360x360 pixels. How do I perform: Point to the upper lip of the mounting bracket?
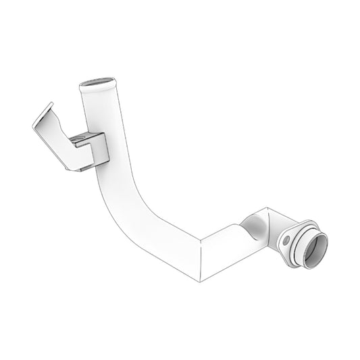pos(43,113)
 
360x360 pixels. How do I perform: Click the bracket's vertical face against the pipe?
pos(100,151)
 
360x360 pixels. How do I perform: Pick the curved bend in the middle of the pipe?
pos(135,209)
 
